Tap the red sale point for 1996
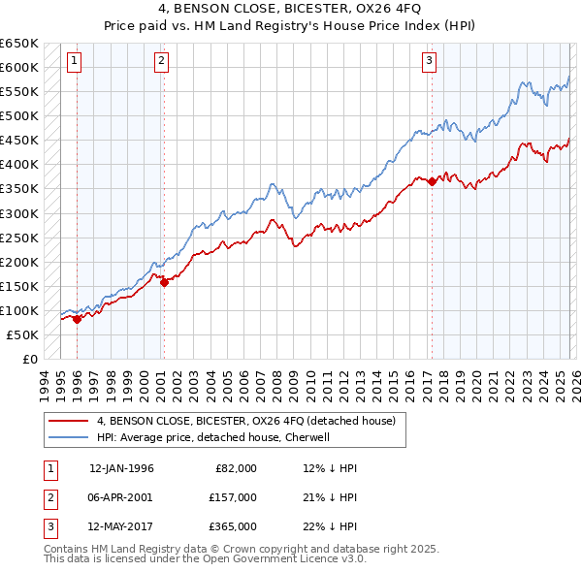[78, 319]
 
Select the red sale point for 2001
[164, 282]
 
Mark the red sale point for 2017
[432, 181]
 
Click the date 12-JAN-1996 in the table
[121, 468]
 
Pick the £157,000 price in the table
[233, 497]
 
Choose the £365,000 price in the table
[233, 526]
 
